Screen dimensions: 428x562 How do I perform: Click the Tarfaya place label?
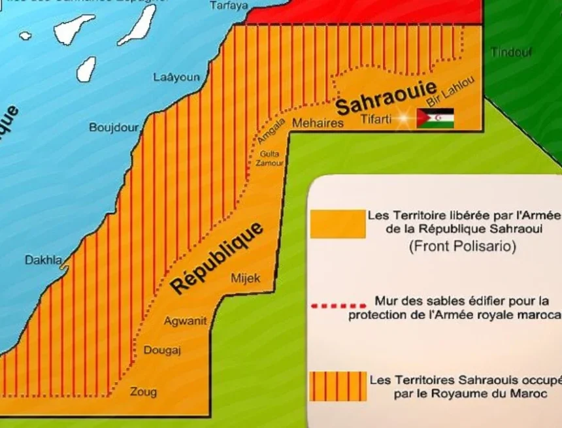[229, 6]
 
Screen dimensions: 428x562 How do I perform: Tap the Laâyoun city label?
[176, 77]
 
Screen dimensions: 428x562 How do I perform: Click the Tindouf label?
[511, 53]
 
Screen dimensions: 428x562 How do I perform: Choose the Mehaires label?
[318, 123]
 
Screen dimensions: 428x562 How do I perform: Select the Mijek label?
[246, 278]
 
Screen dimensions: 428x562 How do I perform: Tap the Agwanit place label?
[185, 321]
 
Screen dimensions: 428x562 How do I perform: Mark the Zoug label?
[143, 392]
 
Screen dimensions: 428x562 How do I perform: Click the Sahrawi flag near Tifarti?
[435, 118]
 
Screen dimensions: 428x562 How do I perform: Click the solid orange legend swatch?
[338, 224]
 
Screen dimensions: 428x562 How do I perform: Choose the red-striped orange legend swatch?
[338, 386]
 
